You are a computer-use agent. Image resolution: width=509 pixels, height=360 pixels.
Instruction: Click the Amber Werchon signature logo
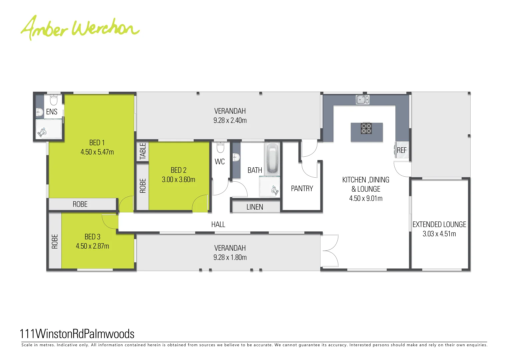(x=80, y=28)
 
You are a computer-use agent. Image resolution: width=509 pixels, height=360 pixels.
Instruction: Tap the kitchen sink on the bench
(x=362, y=99)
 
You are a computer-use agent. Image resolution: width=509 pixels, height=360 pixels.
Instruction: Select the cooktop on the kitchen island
(x=366, y=128)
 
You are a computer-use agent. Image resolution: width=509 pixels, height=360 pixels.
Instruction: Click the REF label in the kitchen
(x=402, y=150)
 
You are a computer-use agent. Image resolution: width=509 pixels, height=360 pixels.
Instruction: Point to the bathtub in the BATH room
(x=272, y=158)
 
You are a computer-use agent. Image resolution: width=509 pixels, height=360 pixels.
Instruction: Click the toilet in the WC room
(x=220, y=147)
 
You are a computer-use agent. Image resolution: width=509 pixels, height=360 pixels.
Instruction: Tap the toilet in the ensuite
(x=54, y=100)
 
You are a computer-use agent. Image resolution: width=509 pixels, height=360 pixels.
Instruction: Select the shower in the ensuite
(x=49, y=129)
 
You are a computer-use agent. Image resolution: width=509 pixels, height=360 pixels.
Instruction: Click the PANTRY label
(x=302, y=189)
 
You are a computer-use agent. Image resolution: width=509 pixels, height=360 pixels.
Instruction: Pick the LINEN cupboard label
(x=255, y=207)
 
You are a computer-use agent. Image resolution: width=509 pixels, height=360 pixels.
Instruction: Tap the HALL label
(x=218, y=225)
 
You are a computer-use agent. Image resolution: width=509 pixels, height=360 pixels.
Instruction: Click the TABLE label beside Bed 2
(x=143, y=151)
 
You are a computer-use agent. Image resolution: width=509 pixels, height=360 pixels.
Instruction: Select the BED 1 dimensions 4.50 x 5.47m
(x=97, y=152)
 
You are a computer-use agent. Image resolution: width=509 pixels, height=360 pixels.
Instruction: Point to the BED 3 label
(x=92, y=237)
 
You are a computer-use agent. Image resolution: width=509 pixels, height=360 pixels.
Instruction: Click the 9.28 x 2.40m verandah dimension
(x=230, y=121)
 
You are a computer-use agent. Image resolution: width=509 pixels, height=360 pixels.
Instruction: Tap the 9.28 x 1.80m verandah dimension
(x=230, y=258)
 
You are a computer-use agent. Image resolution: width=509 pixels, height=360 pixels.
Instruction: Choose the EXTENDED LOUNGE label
(x=439, y=225)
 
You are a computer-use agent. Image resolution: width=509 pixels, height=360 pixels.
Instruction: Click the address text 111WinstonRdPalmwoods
(x=77, y=334)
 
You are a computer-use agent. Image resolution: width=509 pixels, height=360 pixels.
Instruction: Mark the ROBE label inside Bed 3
(x=55, y=241)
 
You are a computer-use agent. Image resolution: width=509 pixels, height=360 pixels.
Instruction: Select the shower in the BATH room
(x=269, y=187)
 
